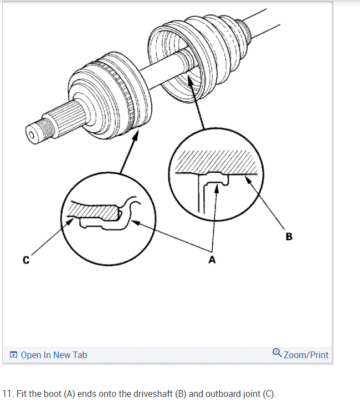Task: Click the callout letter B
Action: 289,236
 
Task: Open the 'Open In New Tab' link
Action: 54,355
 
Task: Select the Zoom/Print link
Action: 306,355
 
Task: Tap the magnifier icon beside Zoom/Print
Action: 277,353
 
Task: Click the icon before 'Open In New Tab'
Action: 14,355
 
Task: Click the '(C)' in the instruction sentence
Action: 267,394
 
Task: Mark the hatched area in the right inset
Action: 216,162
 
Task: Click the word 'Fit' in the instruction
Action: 22,394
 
